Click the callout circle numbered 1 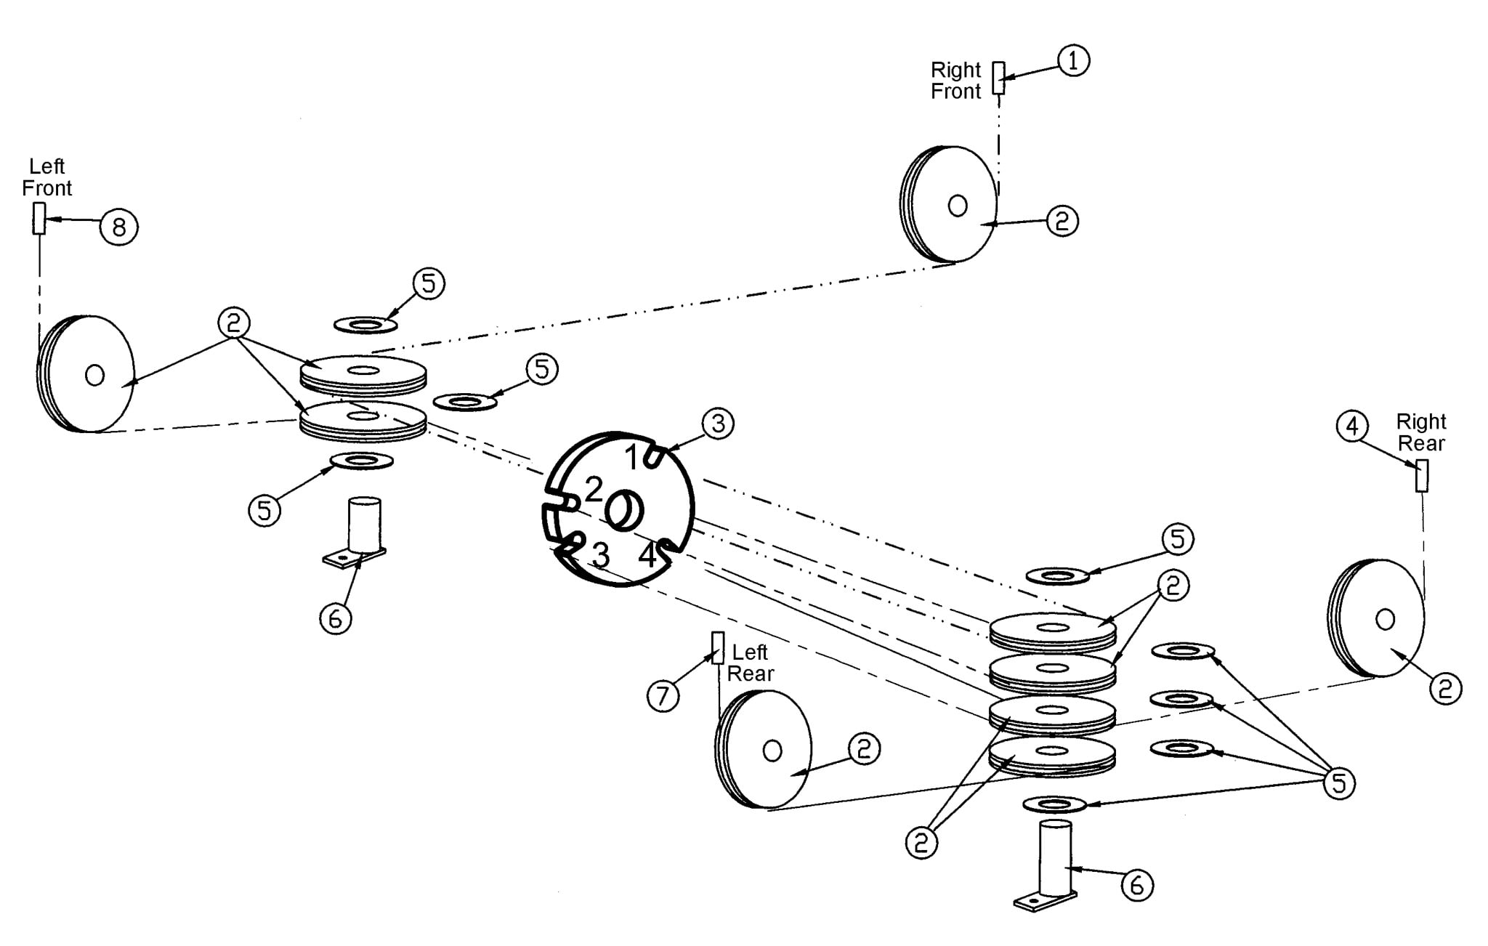[x=1073, y=60]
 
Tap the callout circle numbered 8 [x=118, y=227]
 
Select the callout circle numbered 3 [x=718, y=422]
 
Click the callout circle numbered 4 [x=1351, y=426]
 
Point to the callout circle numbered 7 [x=663, y=696]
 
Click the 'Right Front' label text [x=956, y=81]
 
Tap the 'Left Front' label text [x=47, y=177]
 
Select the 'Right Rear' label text [x=1421, y=432]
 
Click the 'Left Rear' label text [x=750, y=663]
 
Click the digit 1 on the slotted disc [x=633, y=458]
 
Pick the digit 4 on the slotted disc [x=647, y=556]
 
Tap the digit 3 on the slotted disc [x=600, y=556]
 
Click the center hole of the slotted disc [x=623, y=510]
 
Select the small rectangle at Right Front [x=999, y=78]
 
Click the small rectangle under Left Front [x=39, y=218]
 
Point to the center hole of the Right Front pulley [x=958, y=206]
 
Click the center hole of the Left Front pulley [x=94, y=375]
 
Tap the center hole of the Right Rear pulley [x=1385, y=619]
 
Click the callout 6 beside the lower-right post [x=1137, y=884]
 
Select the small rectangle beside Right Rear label [x=1422, y=476]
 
